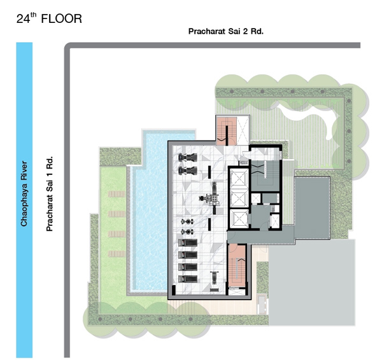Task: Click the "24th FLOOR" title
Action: pos(49,18)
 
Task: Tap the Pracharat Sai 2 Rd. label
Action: pos(226,31)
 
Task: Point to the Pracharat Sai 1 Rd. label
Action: pos(50,193)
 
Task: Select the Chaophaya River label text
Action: pos(24,193)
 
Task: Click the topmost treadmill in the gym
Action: pos(188,243)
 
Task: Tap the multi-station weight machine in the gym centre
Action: pos(210,198)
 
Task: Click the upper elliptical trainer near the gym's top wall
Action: pos(188,158)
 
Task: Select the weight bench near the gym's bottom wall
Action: pos(215,278)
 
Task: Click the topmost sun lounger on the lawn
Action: pos(117,194)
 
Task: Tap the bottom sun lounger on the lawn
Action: pos(117,254)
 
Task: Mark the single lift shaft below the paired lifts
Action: pos(239,219)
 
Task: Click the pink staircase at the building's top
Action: pos(226,131)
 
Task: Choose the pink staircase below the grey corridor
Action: pos(237,265)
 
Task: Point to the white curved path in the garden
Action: pos(315,118)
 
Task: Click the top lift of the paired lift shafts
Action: pos(239,179)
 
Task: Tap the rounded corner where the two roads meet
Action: pos(67,46)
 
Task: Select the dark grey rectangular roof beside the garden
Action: pos(312,207)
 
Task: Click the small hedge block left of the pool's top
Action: pos(120,156)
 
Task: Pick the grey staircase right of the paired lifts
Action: pos(265,176)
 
